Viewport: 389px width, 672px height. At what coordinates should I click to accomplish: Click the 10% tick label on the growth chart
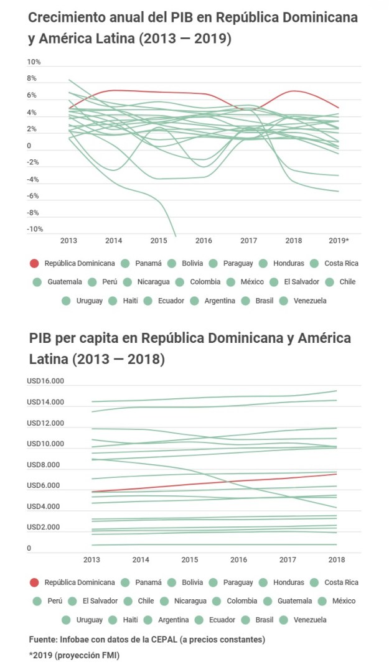(34, 62)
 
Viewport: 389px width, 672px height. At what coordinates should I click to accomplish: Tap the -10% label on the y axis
(35, 229)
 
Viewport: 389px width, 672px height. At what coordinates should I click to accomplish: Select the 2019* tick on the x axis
(338, 240)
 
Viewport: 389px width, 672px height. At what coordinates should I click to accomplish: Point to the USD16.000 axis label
(45, 381)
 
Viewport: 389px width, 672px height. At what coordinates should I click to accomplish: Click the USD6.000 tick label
(44, 486)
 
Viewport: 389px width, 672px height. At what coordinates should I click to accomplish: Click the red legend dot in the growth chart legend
(35, 263)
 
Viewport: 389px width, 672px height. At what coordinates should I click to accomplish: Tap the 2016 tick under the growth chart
(204, 240)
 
